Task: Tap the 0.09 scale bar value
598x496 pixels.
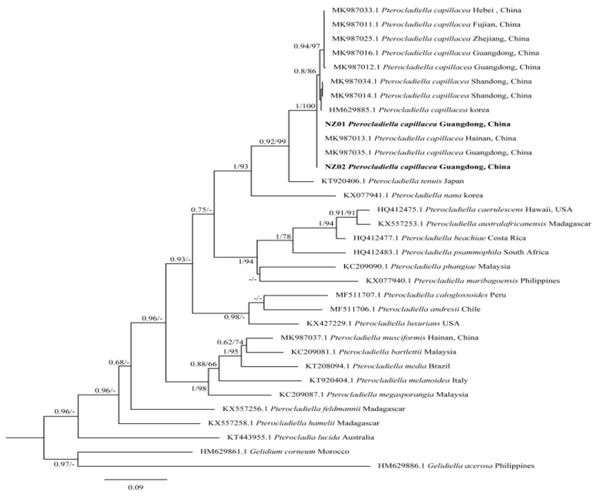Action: click(136, 487)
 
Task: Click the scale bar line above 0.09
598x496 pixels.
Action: click(136, 479)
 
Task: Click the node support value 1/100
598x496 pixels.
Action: click(305, 106)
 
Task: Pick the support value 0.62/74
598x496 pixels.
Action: click(230, 342)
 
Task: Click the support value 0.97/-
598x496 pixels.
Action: click(64, 464)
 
